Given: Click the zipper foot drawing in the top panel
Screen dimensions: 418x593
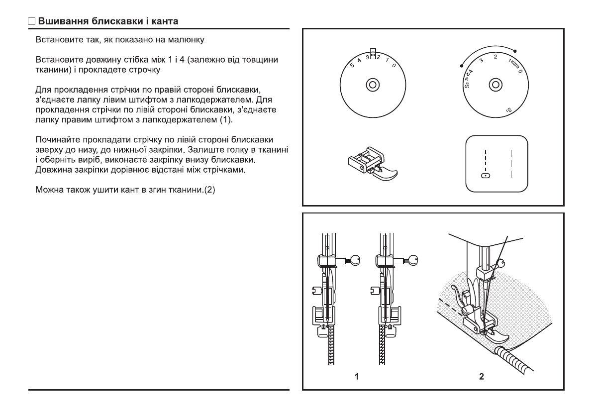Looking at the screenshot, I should (x=373, y=162).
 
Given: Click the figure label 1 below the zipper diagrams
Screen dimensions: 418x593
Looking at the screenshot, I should (x=357, y=377).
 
